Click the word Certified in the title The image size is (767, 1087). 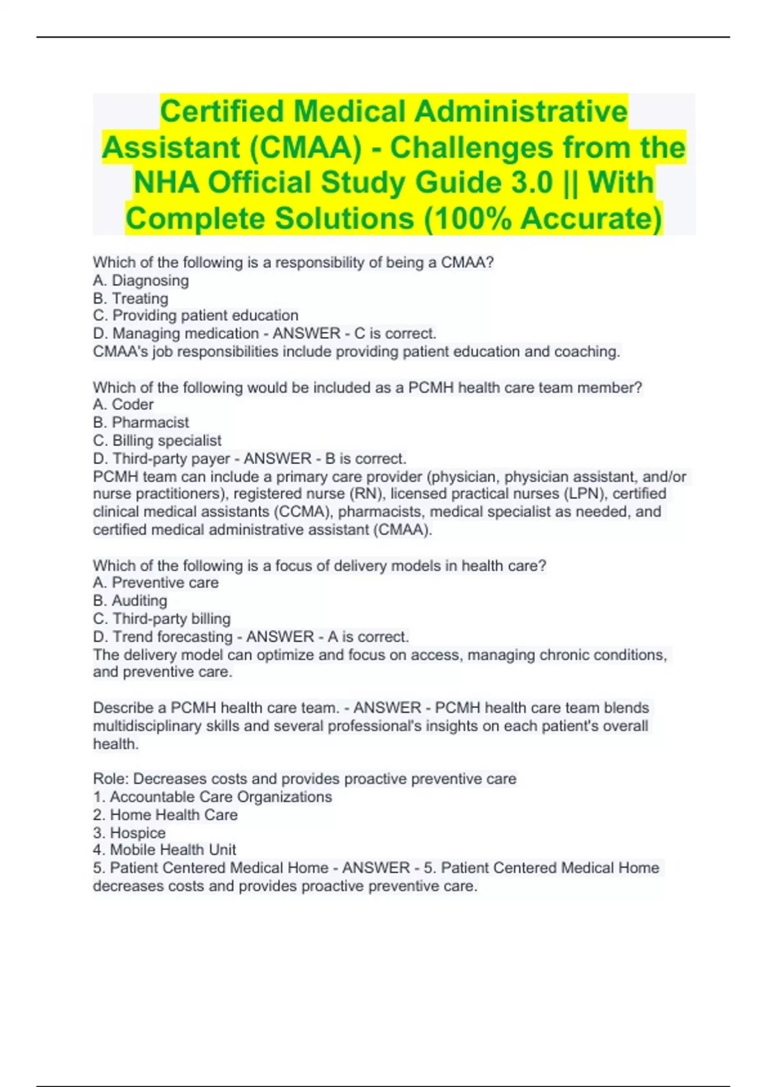[x=222, y=112]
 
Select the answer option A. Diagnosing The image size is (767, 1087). [x=141, y=281]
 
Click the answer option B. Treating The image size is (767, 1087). [x=130, y=299]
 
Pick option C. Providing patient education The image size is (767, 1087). [x=196, y=316]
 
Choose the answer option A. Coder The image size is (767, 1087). [x=123, y=405]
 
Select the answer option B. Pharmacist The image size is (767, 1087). [x=141, y=423]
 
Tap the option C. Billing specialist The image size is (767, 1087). [x=157, y=441]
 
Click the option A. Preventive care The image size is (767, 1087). [x=155, y=583]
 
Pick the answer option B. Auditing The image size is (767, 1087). [x=130, y=601]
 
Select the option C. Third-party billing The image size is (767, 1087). [x=162, y=619]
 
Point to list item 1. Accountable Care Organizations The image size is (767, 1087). [x=212, y=797]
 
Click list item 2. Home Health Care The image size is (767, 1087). [x=165, y=815]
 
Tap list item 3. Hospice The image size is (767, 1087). [x=129, y=833]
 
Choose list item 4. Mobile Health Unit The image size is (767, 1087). [x=164, y=850]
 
